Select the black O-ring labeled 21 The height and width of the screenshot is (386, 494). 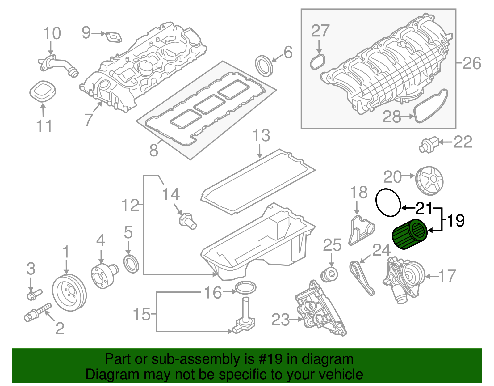coord(388,202)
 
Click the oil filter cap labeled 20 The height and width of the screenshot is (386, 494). coord(429,181)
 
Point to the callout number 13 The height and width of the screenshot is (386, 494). coord(261,135)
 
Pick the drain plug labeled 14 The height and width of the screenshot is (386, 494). coord(187,221)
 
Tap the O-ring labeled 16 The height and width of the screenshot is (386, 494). coord(246,287)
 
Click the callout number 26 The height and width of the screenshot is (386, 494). coord(472,63)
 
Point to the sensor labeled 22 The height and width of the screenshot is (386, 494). coord(429,145)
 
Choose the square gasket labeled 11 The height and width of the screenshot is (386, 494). coord(43,90)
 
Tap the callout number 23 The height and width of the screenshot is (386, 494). coord(280,320)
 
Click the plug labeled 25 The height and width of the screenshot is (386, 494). coord(329,274)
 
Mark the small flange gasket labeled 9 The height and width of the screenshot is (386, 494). coord(113,37)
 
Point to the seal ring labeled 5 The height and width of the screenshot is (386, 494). coord(132,264)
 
